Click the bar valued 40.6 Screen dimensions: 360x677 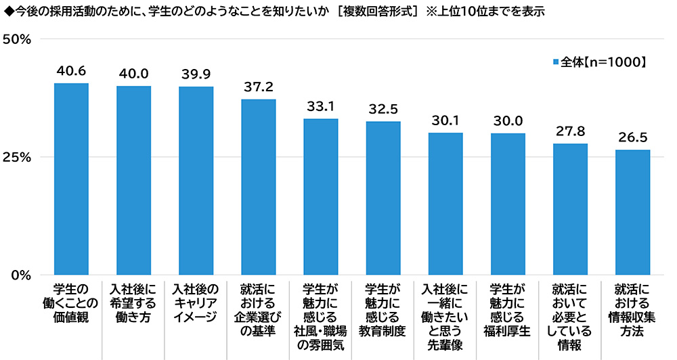(71, 179)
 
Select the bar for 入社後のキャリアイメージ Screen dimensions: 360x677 (196, 181)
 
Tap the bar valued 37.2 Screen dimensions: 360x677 (259, 187)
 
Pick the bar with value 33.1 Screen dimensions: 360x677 (321, 197)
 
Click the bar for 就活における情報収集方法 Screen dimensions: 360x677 (632, 212)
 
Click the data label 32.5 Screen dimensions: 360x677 (383, 108)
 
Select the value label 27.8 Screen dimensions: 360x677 (570, 131)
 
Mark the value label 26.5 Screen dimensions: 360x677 (632, 137)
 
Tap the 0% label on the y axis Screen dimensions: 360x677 (22, 275)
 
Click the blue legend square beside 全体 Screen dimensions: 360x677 (556, 62)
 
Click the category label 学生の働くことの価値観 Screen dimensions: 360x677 (71, 302)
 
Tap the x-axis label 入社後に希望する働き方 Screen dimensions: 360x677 (133, 302)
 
